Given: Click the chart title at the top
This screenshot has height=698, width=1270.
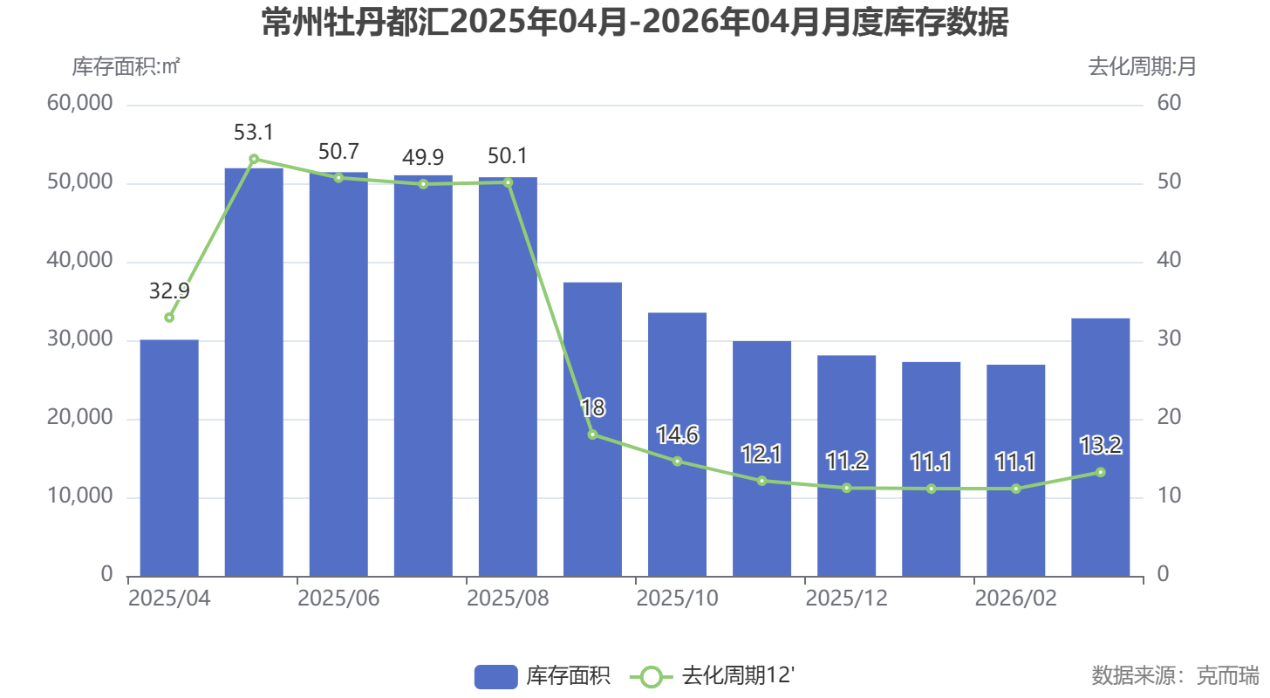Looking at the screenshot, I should (x=635, y=24).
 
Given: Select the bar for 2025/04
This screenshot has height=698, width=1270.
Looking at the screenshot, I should (x=169, y=458).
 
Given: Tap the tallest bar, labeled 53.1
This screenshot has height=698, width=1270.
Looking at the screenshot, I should (x=254, y=373).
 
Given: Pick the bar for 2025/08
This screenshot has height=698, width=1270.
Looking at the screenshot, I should (x=508, y=377).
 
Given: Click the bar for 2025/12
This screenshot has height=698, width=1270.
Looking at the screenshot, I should (x=846, y=466).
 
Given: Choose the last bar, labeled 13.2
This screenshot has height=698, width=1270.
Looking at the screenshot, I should (x=1100, y=447).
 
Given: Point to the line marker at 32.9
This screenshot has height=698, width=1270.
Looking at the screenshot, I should (x=169, y=318).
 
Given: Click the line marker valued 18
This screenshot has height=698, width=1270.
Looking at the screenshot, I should (x=592, y=435).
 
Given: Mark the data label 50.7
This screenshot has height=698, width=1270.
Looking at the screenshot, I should (x=338, y=152).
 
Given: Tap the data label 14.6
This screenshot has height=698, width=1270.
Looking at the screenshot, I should (x=677, y=435).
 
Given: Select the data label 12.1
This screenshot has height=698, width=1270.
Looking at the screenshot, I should (x=761, y=455).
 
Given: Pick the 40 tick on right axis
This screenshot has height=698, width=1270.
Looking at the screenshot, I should (x=1169, y=261).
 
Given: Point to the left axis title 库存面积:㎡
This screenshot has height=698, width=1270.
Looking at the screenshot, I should (x=126, y=66).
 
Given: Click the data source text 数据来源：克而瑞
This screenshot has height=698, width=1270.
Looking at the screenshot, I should (x=1175, y=675).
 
